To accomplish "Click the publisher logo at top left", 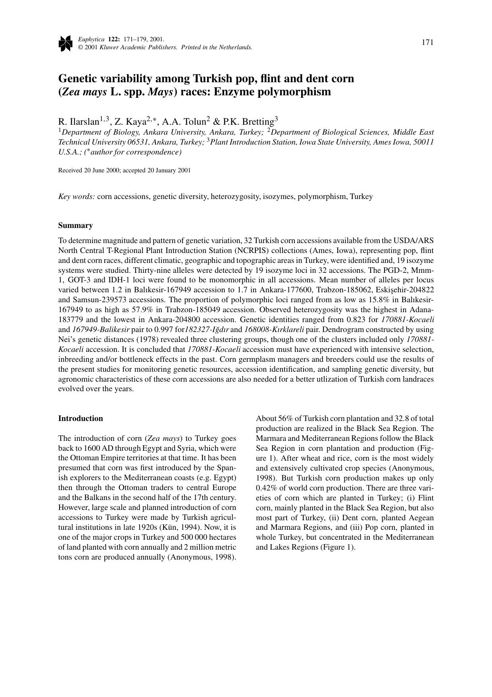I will pos(65,43).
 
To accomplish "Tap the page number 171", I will pos(427,42).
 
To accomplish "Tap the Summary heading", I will pos(75,226).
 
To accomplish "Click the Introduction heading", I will pos(81,419).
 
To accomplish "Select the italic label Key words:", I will pos(77,197).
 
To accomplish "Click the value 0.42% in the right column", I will pos(266,488).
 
